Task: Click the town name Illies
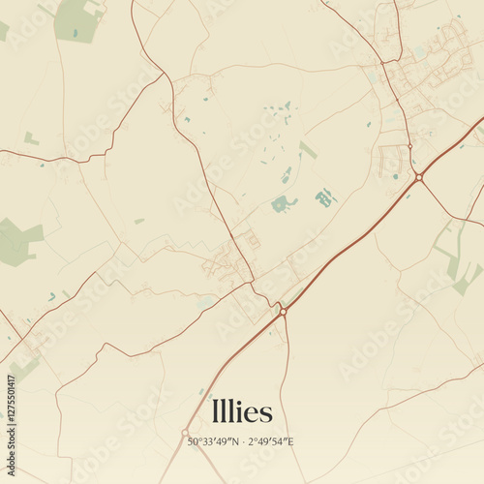(242, 411)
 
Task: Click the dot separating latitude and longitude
(243, 442)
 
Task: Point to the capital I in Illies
(214, 411)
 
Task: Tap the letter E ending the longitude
(291, 442)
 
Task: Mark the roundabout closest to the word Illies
(185, 433)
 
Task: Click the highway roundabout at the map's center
(283, 311)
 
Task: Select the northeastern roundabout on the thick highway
(418, 177)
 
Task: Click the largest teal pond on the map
(283, 203)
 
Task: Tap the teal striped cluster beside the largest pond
(324, 198)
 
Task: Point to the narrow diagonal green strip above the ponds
(308, 149)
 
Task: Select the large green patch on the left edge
(17, 240)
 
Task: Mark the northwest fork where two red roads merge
(159, 75)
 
